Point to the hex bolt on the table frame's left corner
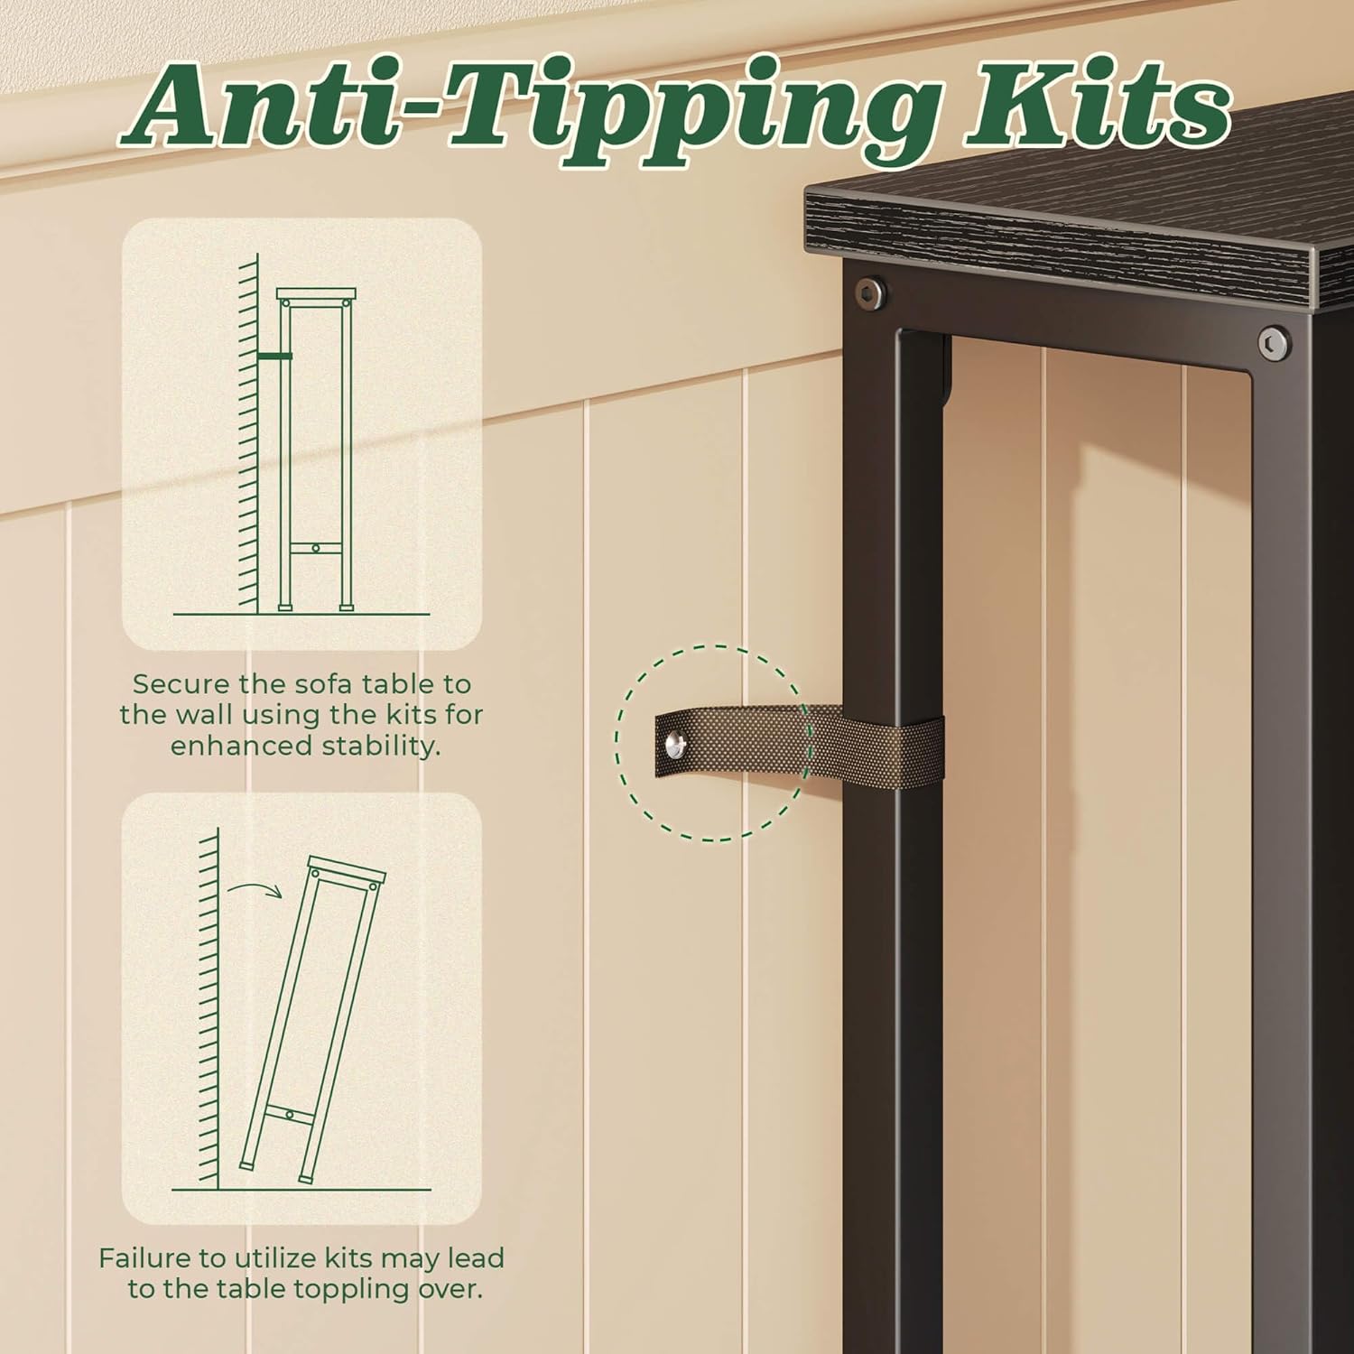(x=870, y=291)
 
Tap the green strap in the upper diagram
(x=274, y=357)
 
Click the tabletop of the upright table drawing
(x=316, y=294)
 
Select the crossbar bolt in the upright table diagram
(x=315, y=547)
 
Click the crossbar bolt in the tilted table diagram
(x=289, y=1116)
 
